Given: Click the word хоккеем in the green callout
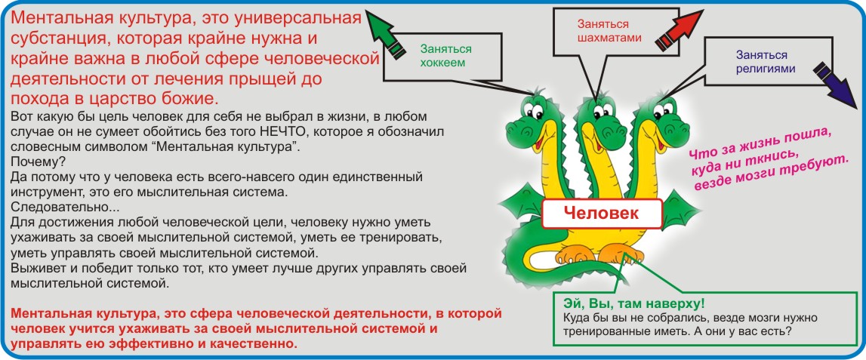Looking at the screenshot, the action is click(443, 63).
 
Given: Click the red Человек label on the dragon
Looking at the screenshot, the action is click(602, 213).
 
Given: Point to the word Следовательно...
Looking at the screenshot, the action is click(63, 208).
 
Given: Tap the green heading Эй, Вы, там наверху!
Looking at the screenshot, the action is click(634, 303).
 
